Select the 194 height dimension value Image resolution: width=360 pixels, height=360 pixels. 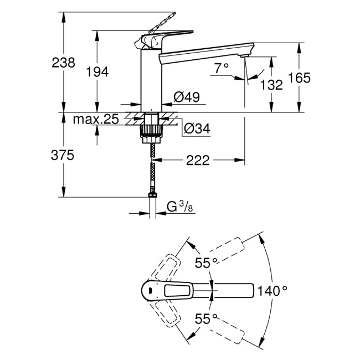tap(97, 71)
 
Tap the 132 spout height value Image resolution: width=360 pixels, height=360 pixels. tap(271, 85)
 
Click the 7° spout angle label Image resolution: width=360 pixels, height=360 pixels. tap(221, 68)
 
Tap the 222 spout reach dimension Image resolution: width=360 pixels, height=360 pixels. tap(198, 161)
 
